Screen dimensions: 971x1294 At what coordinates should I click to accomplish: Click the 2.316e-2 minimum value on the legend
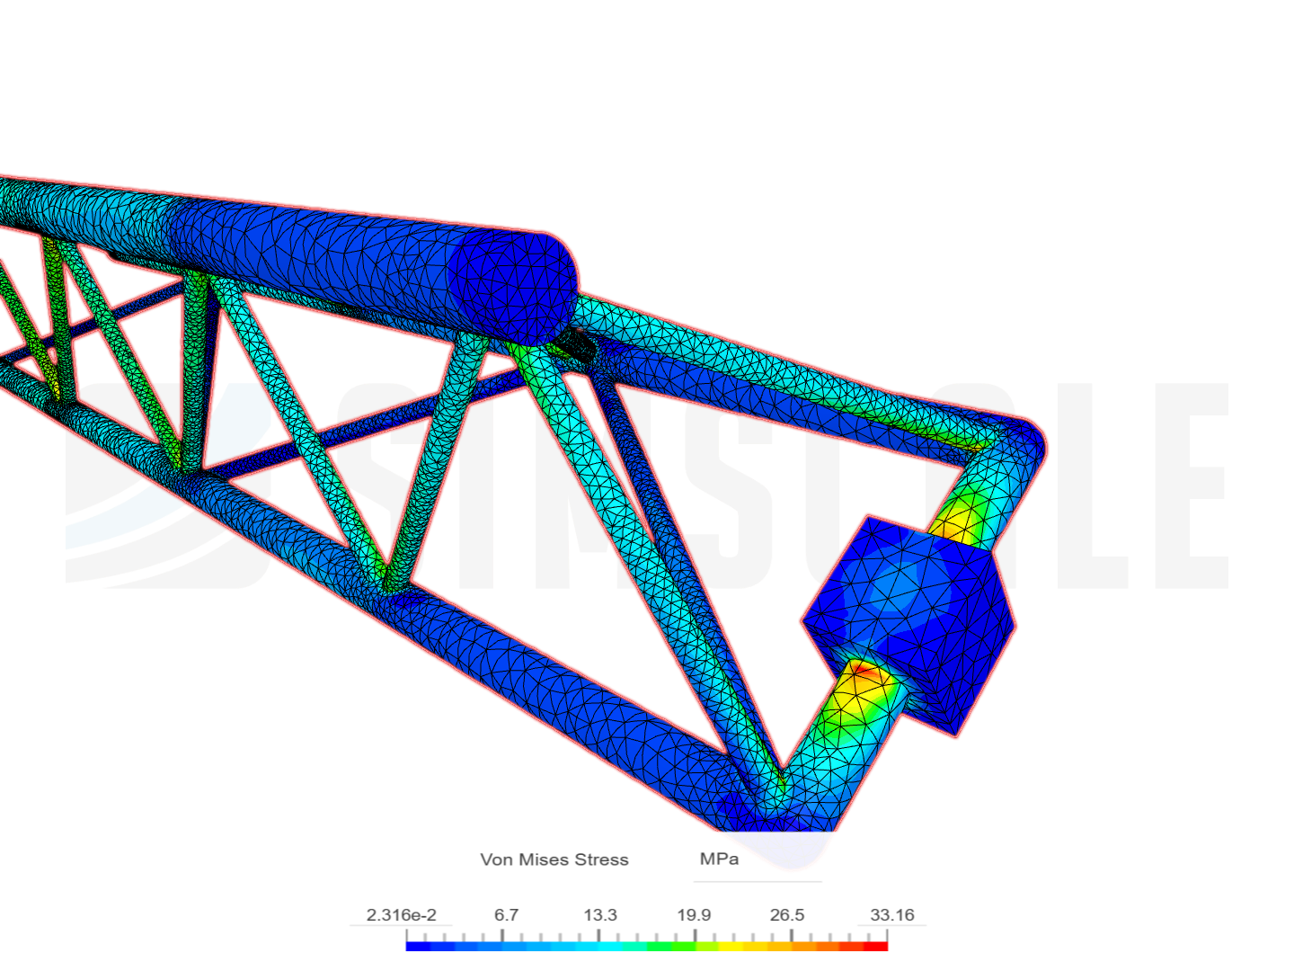tap(401, 915)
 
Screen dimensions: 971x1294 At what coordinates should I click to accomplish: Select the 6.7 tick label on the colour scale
tap(506, 915)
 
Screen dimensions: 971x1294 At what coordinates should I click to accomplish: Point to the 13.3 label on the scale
tap(600, 915)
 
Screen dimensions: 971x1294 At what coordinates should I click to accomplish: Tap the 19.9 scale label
tap(694, 915)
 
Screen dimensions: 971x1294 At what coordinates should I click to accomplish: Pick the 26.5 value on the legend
tap(787, 915)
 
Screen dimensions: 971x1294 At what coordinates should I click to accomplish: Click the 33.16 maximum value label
tap(891, 915)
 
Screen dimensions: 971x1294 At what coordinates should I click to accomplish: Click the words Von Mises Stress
tap(554, 860)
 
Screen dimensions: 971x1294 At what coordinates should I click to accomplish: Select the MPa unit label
tap(719, 859)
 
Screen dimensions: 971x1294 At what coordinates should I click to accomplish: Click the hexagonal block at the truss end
tap(908, 620)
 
